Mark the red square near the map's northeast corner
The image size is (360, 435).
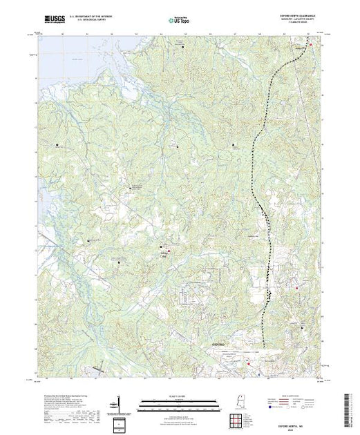click(x=311, y=46)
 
